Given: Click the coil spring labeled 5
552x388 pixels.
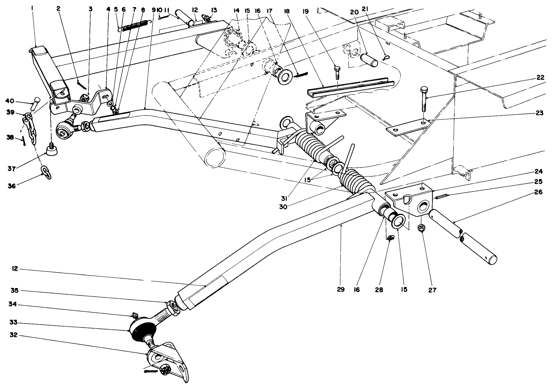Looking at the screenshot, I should point(135,25).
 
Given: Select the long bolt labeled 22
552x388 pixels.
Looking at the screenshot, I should point(424,99).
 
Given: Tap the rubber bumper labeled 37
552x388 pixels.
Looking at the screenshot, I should point(52,150).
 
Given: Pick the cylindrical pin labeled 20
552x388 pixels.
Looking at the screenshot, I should point(369,60).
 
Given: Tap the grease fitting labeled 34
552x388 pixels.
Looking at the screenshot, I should point(135,314).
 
